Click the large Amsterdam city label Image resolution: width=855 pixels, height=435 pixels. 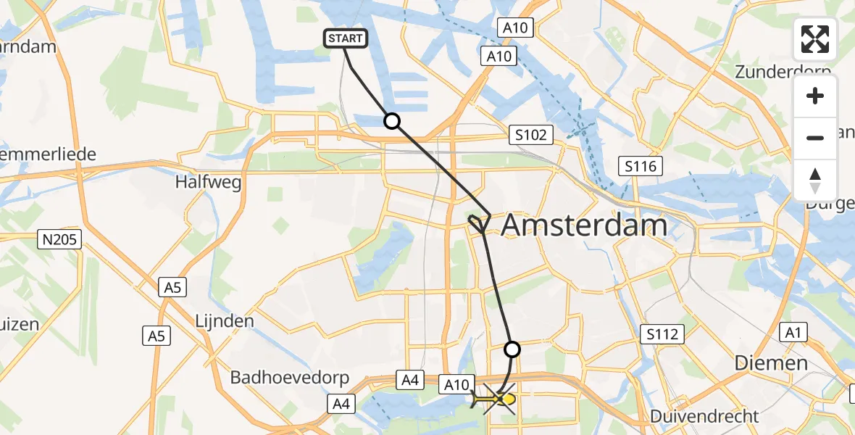584,225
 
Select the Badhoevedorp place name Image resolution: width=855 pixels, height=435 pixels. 290,378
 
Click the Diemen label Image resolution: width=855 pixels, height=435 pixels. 771,362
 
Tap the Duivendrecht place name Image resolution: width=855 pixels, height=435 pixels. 704,416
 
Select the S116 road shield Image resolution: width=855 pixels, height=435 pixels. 641,167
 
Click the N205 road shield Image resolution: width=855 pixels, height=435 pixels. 62,238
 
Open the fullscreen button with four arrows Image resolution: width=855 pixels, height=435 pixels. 815,40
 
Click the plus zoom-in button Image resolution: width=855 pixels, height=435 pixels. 815,96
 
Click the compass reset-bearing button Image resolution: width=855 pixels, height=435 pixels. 815,180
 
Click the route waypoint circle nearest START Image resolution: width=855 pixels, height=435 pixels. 392,121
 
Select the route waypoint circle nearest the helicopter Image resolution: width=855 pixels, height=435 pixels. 512,349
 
